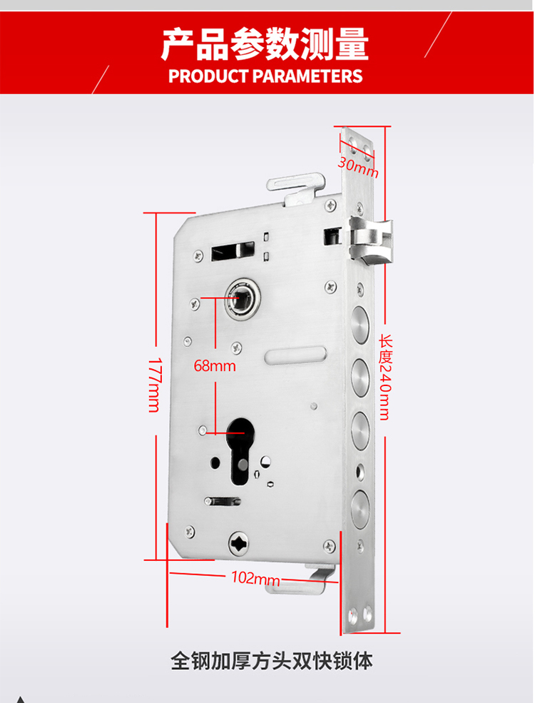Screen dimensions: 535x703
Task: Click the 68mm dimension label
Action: tap(215, 367)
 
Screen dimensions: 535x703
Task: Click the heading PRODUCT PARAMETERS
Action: tap(266, 76)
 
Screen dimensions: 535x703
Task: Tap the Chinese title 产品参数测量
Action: tap(265, 44)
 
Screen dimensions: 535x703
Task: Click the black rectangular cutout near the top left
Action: tap(233, 251)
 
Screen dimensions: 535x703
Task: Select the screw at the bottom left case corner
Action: tap(190, 530)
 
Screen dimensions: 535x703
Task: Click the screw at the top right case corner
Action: tap(330, 206)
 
